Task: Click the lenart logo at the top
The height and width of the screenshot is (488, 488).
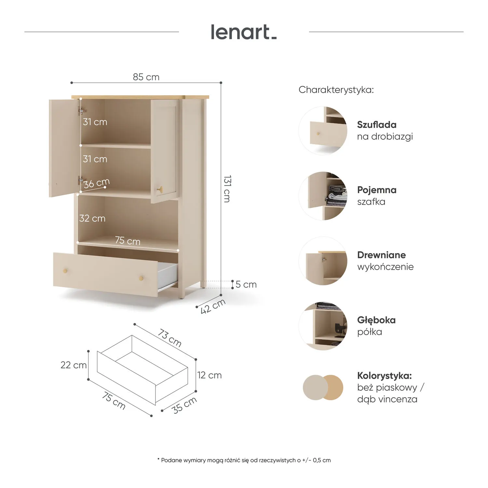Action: point(244,32)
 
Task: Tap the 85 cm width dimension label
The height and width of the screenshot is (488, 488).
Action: point(146,77)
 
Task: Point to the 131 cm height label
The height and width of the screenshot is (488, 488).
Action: point(227,189)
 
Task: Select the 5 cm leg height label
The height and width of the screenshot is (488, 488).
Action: point(246,284)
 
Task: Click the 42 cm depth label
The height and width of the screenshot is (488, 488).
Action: point(213,306)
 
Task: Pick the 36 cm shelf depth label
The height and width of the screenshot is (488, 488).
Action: point(96,183)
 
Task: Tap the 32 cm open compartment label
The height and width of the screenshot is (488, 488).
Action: point(92,218)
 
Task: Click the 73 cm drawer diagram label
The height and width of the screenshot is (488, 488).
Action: point(169,338)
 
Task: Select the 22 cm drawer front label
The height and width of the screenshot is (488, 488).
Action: point(74,365)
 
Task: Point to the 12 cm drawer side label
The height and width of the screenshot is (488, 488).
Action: point(210,375)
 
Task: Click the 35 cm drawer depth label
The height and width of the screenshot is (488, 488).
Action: point(184,405)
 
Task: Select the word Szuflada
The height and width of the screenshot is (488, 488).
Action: point(377,125)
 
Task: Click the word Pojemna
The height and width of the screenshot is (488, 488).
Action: point(377,190)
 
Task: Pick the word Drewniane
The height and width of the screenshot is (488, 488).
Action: point(382,255)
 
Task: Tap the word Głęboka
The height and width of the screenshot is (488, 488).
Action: point(376,320)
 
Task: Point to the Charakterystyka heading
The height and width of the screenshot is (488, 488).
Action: point(336,90)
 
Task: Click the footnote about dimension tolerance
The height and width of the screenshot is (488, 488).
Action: point(244,460)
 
